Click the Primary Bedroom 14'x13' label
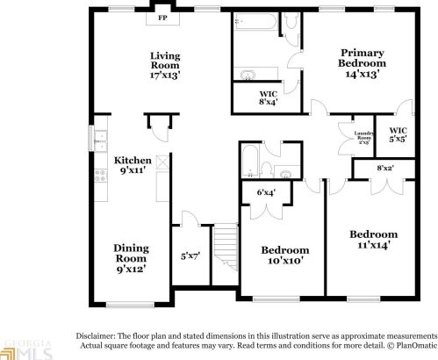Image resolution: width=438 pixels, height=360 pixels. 363,59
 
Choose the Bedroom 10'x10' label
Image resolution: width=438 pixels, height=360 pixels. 285,256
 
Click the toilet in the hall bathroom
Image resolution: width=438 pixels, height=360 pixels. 286,169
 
